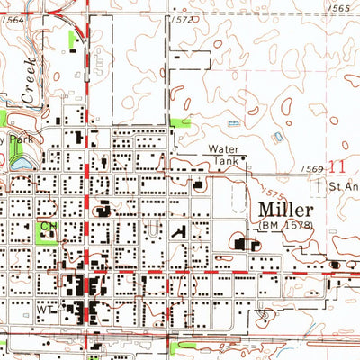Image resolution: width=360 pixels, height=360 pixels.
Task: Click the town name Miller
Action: click(x=284, y=208)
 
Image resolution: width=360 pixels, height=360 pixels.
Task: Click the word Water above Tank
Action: click(x=225, y=149)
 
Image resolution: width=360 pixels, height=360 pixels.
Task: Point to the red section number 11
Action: click(x=337, y=166)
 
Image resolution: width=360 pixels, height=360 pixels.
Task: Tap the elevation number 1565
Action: click(x=341, y=7)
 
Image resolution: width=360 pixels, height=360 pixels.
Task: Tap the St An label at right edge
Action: click(x=343, y=187)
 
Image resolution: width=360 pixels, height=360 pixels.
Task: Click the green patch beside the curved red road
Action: click(x=72, y=40)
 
